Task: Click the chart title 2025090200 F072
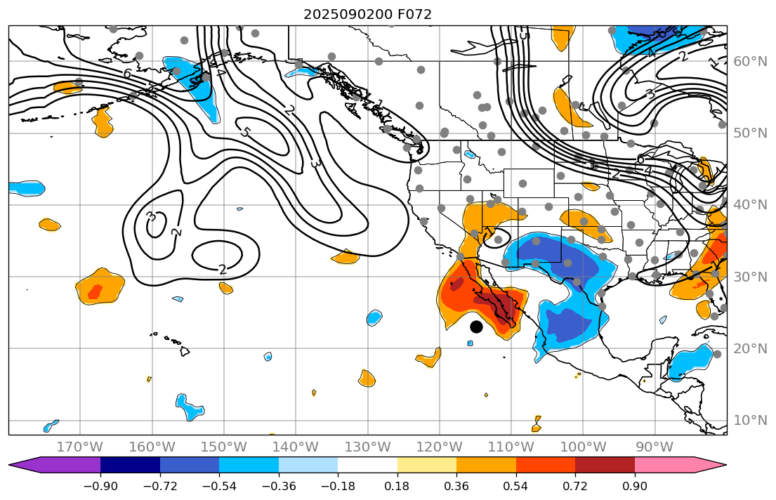click(367, 14)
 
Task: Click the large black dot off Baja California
click(476, 327)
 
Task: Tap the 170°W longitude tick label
click(80, 447)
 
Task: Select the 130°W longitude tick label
click(367, 447)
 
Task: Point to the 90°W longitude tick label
click(655, 447)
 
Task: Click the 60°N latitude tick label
click(751, 62)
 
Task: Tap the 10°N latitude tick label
click(751, 421)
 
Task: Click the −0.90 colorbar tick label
click(100, 487)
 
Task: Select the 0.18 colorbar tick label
click(397, 487)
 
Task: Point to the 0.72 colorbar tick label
click(575, 487)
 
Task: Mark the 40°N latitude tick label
click(751, 205)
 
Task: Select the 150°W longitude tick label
click(224, 447)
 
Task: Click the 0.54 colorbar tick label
click(516, 487)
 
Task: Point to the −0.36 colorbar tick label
click(279, 487)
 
